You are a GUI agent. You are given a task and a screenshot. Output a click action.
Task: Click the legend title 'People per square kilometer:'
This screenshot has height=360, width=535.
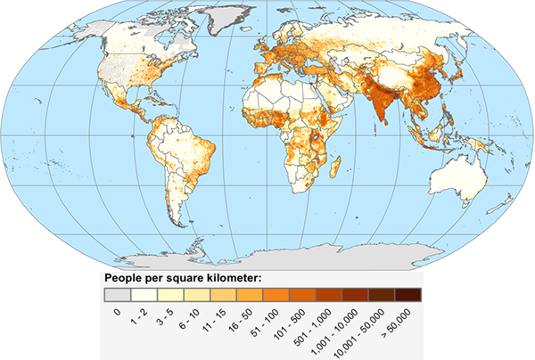pos(182,277)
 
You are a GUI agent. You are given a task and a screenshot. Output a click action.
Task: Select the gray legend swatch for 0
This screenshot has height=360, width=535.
pos(117,293)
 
